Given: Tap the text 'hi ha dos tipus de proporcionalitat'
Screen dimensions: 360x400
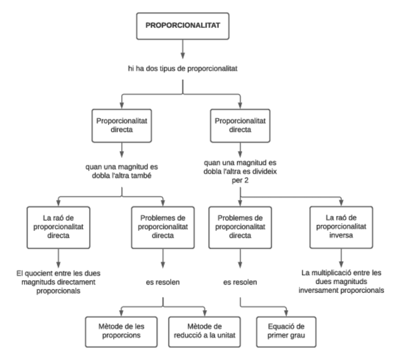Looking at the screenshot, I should coord(182,69).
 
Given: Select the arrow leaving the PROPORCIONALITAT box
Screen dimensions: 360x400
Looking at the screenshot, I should coord(183,49).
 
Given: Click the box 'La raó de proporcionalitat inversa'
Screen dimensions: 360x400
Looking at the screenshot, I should coord(341,227).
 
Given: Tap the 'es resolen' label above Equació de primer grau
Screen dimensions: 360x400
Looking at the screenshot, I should coord(240,282).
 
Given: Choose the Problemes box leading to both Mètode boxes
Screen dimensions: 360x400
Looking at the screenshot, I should coord(163,227).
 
